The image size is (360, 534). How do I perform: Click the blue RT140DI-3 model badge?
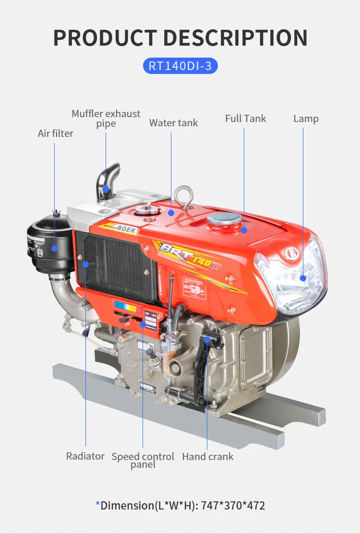pyautogui.click(x=180, y=65)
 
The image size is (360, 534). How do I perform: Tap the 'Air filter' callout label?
pyautogui.click(x=55, y=133)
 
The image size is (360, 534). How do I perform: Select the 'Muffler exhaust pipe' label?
pyautogui.click(x=106, y=119)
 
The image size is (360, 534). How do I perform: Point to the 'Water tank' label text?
pyautogui.click(x=173, y=123)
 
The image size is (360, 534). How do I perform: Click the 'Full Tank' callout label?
pyautogui.click(x=245, y=119)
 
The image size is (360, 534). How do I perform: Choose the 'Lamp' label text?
pyautogui.click(x=306, y=119)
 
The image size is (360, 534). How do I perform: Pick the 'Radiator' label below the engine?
pyautogui.click(x=85, y=456)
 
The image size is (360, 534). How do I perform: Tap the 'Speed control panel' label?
pyautogui.click(x=143, y=460)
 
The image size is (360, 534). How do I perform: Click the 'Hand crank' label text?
pyautogui.click(x=207, y=456)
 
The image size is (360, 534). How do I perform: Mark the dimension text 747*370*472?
pyautogui.click(x=233, y=505)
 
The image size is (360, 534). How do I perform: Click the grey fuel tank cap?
pyautogui.click(x=224, y=220)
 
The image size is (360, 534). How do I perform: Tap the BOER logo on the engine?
pyautogui.click(x=126, y=230)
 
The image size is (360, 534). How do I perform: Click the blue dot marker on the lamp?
pyautogui.click(x=303, y=278)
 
